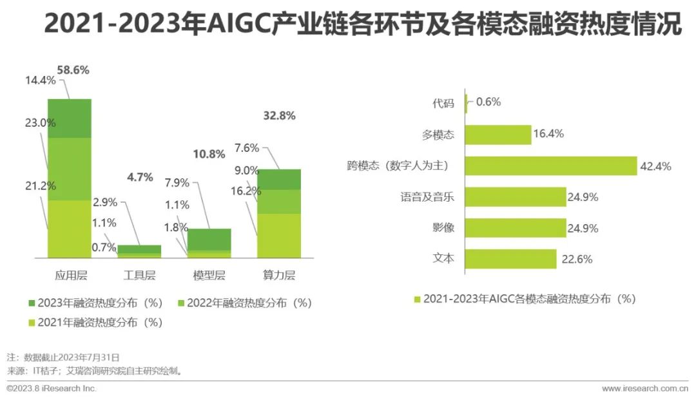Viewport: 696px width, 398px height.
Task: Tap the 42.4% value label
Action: coord(655,166)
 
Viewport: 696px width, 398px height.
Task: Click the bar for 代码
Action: coord(465,103)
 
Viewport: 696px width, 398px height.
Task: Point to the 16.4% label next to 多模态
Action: coord(548,135)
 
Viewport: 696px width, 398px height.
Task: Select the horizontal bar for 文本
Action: coord(510,259)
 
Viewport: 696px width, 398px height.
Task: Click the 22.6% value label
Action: coord(576,259)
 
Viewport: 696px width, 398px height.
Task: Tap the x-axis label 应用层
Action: coord(70,276)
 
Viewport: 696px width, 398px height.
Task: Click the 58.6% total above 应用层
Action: coord(73,70)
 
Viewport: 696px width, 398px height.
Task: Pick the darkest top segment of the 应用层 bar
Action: coord(70,118)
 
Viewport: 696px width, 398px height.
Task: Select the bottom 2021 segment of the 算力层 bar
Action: coord(279,236)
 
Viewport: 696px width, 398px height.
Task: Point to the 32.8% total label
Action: coord(279,116)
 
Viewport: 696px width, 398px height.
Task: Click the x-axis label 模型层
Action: coord(209,276)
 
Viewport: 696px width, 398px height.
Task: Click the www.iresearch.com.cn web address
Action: coord(644,389)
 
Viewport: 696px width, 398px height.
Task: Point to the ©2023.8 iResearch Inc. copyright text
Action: coord(52,389)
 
